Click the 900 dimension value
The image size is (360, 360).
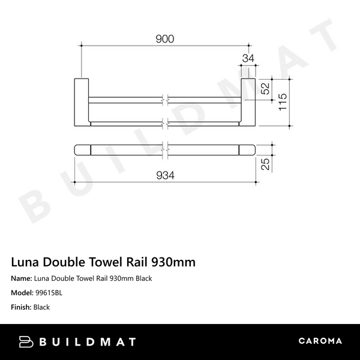click(x=164, y=39)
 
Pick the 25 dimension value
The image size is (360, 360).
click(x=265, y=164)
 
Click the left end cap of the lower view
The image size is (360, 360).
click(x=82, y=149)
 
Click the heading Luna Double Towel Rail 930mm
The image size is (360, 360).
click(x=103, y=262)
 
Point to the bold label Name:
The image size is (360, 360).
click(x=22, y=278)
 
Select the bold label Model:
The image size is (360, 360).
click(x=23, y=293)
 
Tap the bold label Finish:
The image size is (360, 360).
click(x=22, y=307)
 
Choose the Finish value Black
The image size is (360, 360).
click(x=42, y=307)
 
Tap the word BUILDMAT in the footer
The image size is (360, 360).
click(x=89, y=342)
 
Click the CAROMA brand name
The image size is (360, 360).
click(x=320, y=341)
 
